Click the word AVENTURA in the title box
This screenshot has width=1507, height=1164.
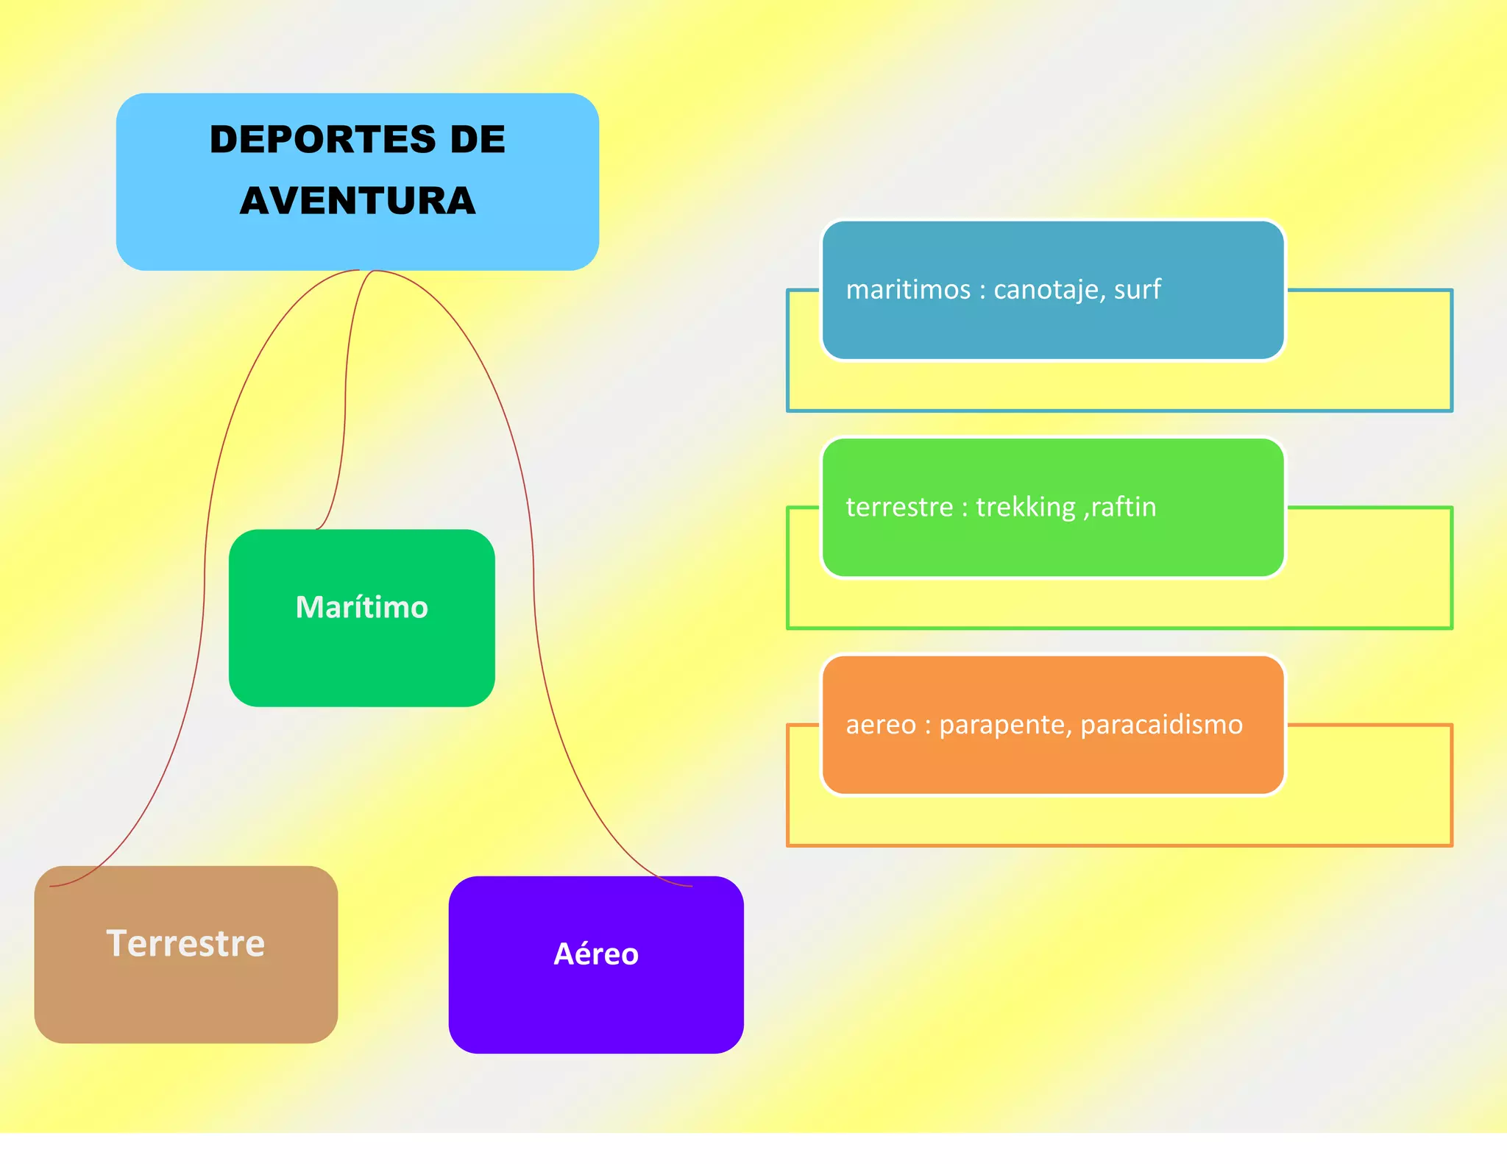[x=358, y=201]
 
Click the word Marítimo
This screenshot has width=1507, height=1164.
[x=361, y=608]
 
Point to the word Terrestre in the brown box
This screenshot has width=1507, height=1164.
[x=185, y=943]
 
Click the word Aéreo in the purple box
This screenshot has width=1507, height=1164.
[x=595, y=954]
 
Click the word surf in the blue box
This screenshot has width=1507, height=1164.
[x=1138, y=290]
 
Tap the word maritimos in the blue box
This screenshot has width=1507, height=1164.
[x=908, y=290]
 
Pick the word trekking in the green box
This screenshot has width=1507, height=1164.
[x=1026, y=508]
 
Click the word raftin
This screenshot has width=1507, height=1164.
[x=1123, y=508]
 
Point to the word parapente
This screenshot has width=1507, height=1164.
[x=1005, y=725]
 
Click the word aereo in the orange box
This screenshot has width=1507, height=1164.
[x=880, y=725]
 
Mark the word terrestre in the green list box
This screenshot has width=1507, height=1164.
[x=899, y=508]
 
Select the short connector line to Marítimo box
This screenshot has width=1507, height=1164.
[x=345, y=412]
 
